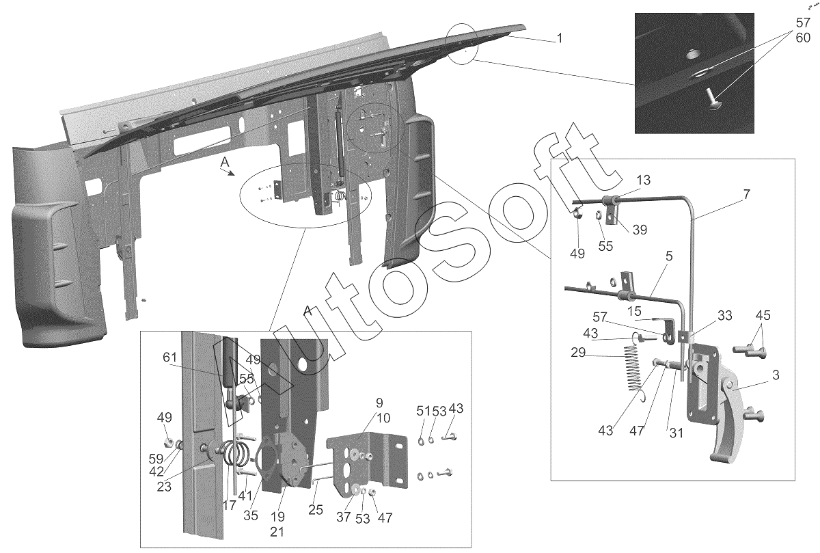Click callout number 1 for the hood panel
560,38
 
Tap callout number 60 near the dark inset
803,38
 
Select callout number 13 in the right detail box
643,180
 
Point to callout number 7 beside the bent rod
747,193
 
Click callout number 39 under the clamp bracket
640,230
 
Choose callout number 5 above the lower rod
669,256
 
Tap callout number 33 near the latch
724,315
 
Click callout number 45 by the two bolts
763,315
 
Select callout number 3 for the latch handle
776,375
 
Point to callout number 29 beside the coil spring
578,352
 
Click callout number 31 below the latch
676,433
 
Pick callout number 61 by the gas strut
170,357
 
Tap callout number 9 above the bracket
379,403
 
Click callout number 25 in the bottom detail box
316,510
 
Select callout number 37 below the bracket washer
344,517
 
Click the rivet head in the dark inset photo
711,105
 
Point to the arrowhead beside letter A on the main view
231,174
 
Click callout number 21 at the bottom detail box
277,531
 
